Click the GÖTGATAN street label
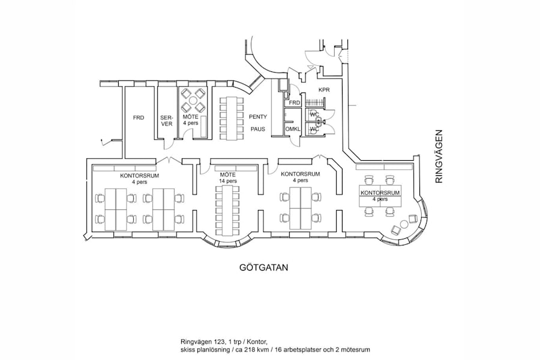[x=260, y=268]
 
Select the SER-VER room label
[x=166, y=121]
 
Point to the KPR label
[x=324, y=90]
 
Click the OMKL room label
[x=293, y=130]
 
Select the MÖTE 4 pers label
[x=190, y=119]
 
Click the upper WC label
[x=313, y=113]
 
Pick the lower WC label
[x=313, y=129]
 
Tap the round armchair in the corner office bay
[x=396, y=229]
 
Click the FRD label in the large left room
[x=138, y=118]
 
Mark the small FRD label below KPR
[x=294, y=103]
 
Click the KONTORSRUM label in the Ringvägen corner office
[x=379, y=192]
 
